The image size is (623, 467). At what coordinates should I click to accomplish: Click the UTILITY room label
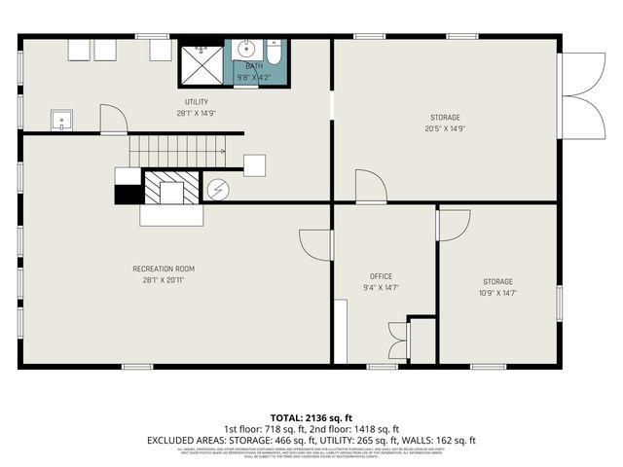[x=197, y=102]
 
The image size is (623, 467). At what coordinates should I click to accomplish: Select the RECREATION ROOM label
[x=164, y=269]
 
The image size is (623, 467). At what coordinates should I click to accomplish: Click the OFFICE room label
[x=381, y=276]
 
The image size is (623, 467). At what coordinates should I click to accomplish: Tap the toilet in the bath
[x=274, y=54]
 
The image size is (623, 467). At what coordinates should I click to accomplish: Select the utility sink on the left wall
[x=62, y=122]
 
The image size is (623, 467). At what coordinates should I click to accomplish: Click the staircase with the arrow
[x=177, y=151]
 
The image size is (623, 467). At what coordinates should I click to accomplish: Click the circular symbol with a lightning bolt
[x=217, y=189]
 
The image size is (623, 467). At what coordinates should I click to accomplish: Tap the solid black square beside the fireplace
[x=128, y=194]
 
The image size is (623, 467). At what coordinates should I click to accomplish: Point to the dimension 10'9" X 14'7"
[x=496, y=292]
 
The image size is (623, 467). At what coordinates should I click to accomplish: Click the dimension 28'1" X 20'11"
[x=164, y=280]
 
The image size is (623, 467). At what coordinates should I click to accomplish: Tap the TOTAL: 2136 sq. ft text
[x=311, y=417]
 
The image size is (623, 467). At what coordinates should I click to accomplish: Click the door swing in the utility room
[x=114, y=121]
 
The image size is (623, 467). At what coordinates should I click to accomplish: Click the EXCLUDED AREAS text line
[x=311, y=440]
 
